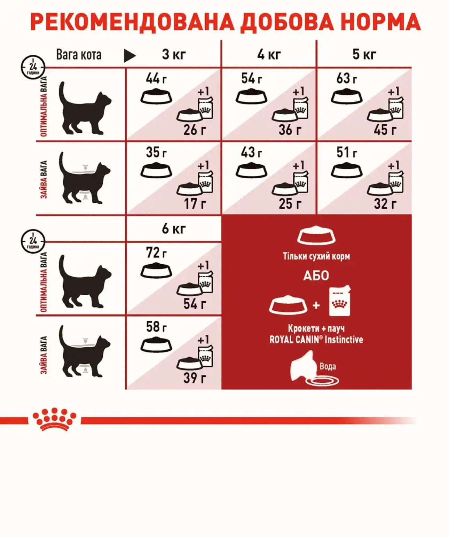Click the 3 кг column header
[174, 54]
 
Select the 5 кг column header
[364, 54]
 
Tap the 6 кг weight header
[174, 229]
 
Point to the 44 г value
[156, 78]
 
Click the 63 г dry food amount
[347, 78]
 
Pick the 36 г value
[290, 130]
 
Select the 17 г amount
[195, 204]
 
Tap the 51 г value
[347, 152]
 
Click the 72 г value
[156, 252]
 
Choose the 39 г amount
[195, 378]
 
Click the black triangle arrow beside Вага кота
[129, 56]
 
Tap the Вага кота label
[79, 55]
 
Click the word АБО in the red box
[316, 276]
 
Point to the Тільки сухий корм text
[316, 256]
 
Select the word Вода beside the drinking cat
[328, 366]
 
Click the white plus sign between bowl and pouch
[316, 305]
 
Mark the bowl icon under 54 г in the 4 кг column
[251, 96]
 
